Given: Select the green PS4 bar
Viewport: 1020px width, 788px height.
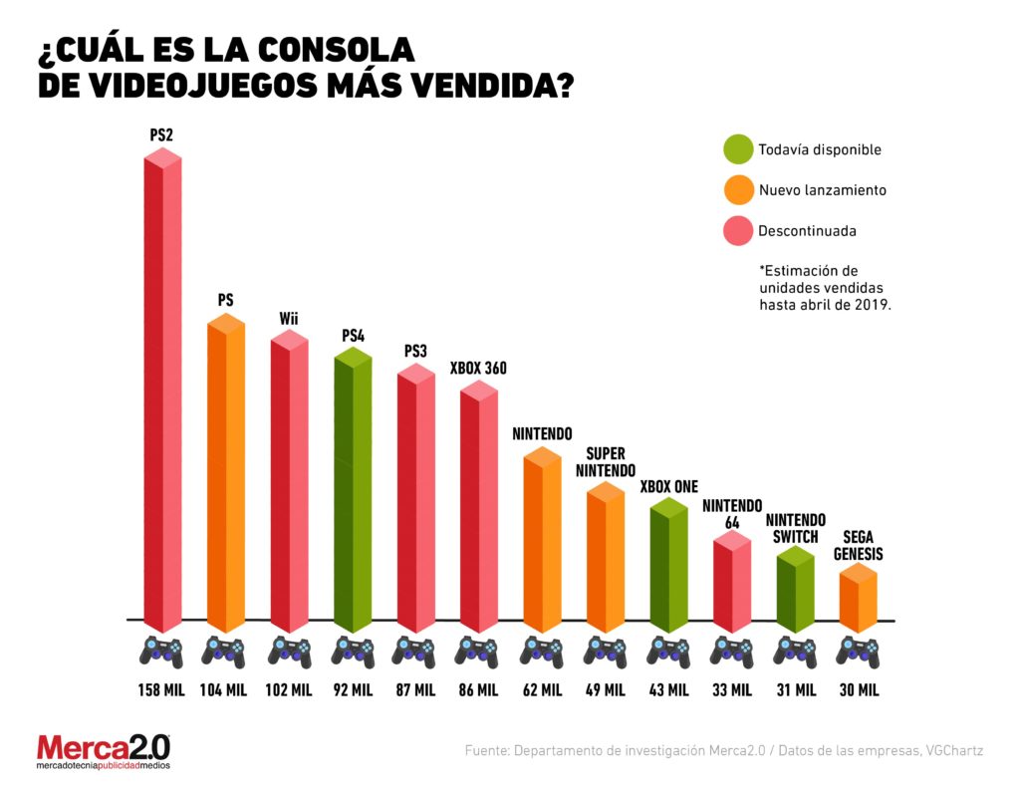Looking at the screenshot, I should click(x=353, y=493).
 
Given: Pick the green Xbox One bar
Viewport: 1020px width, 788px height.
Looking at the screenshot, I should click(x=668, y=568).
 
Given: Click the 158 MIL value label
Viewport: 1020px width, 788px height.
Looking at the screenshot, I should click(x=161, y=689).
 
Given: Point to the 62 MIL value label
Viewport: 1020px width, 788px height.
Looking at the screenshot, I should click(x=542, y=689).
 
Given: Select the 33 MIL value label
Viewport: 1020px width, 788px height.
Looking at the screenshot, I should click(x=732, y=689).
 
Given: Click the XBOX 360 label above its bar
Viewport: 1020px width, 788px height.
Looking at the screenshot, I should click(x=478, y=369).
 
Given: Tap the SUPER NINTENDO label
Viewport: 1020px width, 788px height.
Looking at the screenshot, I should click(x=605, y=461).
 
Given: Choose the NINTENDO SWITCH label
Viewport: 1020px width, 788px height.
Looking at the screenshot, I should click(x=795, y=528).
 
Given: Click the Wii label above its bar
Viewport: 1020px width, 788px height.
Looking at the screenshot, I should click(x=289, y=319).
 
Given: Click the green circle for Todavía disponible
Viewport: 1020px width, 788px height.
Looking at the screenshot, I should click(x=738, y=149).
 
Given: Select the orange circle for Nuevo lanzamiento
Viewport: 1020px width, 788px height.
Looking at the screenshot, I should click(x=738, y=189).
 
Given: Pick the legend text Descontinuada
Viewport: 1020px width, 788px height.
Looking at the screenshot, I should click(x=807, y=231).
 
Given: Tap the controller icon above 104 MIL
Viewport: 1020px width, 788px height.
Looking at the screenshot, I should click(x=225, y=653).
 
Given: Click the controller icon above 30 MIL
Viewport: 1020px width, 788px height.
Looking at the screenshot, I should click(x=859, y=653).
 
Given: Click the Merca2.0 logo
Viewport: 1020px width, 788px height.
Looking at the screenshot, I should click(x=104, y=751).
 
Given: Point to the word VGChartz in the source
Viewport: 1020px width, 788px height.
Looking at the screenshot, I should click(x=953, y=751).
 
